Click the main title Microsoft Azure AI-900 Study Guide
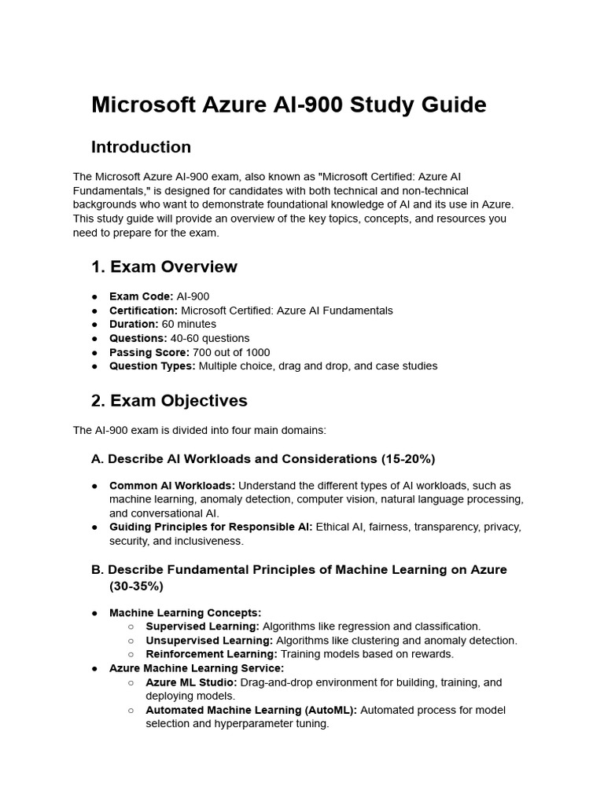point(289,105)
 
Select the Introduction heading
point(141,147)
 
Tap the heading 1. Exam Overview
point(164,266)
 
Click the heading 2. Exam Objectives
point(169,400)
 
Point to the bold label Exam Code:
point(141,296)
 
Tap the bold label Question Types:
point(152,366)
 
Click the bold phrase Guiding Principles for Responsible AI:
point(211,527)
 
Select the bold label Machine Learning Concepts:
point(185,612)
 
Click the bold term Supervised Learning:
point(202,627)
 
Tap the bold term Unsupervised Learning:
point(209,641)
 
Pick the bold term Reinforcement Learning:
point(212,654)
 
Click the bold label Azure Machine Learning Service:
point(197,668)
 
